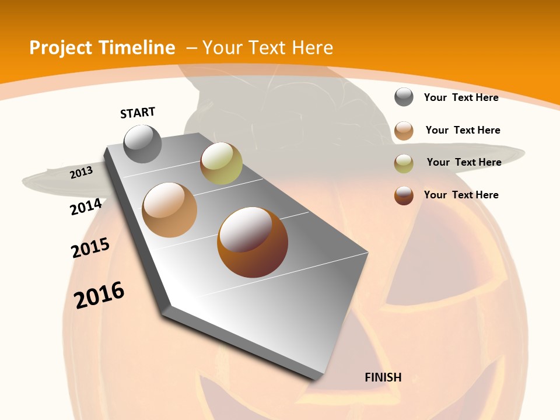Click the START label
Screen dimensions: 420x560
138,113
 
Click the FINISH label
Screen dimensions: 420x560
383,377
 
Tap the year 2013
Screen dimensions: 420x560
82,172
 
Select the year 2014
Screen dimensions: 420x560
86,207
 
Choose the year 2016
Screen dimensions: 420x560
99,295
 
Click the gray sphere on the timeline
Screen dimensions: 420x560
143,144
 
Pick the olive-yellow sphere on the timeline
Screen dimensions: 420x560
221,163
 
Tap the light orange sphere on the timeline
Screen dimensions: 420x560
170,210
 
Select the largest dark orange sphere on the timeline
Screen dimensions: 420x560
253,242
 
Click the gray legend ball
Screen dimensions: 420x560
404,97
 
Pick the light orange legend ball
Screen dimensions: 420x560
404,131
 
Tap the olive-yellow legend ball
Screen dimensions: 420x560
404,163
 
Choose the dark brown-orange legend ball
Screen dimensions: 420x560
404,195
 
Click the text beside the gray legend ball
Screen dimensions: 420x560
461,97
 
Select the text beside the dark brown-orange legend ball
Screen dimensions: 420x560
461,195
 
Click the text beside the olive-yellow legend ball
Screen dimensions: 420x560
464,162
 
